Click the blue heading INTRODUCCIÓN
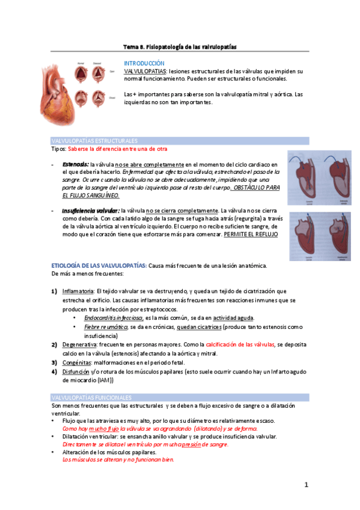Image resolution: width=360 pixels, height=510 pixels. (144, 63)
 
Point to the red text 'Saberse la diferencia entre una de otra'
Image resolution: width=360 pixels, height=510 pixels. (118, 149)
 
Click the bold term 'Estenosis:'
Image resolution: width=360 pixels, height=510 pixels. (76, 164)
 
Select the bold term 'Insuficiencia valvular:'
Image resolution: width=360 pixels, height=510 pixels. (90, 211)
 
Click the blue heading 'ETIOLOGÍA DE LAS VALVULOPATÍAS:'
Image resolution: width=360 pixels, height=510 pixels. (99, 266)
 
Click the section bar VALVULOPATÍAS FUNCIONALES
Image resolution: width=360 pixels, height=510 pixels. (91, 398)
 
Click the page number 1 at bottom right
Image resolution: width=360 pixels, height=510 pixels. (306, 485)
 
